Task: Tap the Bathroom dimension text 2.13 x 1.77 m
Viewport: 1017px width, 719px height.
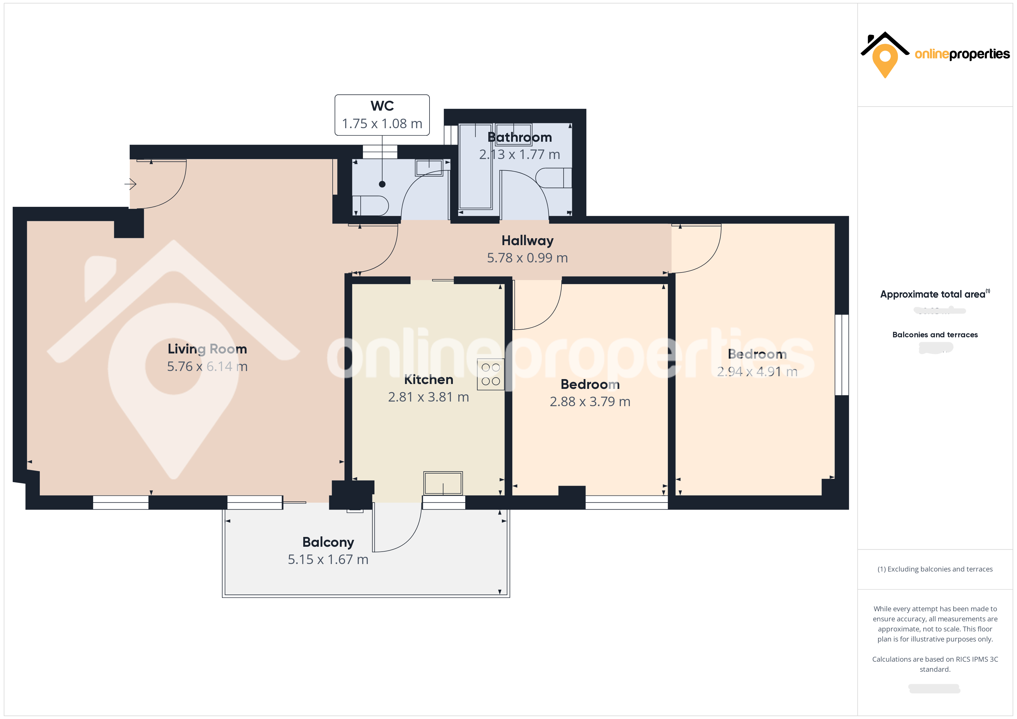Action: point(519,154)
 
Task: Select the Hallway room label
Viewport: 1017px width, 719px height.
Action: point(527,241)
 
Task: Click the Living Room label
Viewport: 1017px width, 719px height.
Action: point(207,349)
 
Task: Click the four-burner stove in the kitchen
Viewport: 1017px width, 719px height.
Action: point(490,374)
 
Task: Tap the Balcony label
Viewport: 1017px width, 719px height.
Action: point(328,542)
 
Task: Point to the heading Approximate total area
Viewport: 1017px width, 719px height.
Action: point(933,294)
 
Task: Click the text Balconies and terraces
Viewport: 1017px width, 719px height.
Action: point(935,335)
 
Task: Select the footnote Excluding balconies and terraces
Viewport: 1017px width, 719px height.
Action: point(935,569)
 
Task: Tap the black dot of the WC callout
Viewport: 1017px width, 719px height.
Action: point(382,184)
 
